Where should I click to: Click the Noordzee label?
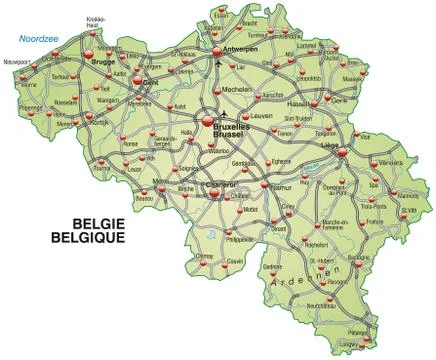tap(34, 39)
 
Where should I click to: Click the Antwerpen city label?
tap(240, 45)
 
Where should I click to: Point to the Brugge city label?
tap(104, 60)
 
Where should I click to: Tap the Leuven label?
tap(262, 115)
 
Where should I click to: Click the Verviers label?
tap(390, 159)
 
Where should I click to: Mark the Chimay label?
tap(205, 258)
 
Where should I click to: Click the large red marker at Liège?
tap(342, 151)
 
